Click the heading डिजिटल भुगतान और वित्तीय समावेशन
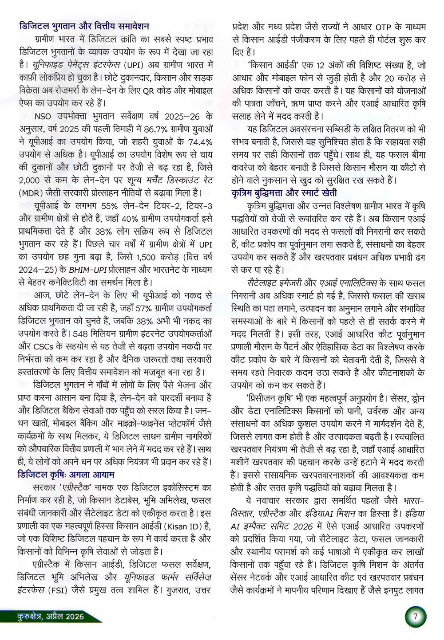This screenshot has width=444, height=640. pos(84,26)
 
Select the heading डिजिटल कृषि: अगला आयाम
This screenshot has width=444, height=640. pos(66,474)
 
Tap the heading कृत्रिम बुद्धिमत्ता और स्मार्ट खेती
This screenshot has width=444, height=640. pos(284,193)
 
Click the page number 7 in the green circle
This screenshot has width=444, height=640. pos(415,616)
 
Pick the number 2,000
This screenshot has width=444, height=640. pos(30,181)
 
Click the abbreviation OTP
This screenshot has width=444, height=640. pos(383,27)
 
